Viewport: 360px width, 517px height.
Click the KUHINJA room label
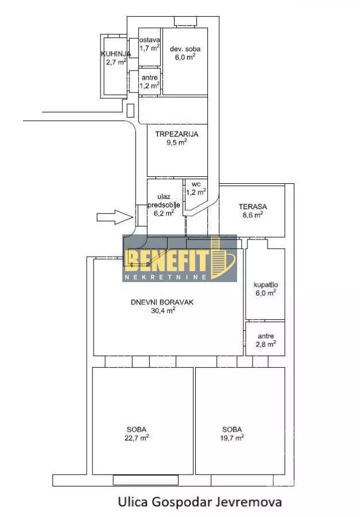(116, 54)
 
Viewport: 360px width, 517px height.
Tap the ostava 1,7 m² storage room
(149, 47)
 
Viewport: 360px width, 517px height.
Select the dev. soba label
(185, 49)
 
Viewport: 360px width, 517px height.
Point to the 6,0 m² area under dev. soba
(185, 57)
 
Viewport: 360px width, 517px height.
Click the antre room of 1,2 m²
(149, 82)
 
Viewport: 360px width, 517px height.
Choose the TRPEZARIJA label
(177, 134)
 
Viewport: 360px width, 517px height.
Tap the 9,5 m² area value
(177, 142)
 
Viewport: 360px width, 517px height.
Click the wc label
(196, 184)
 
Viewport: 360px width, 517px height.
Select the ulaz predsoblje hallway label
(164, 201)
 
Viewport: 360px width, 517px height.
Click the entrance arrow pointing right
(115, 217)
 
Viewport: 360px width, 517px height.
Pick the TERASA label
(253, 207)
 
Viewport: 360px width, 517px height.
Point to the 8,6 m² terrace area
(253, 215)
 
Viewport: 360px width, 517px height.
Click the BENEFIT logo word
(168, 260)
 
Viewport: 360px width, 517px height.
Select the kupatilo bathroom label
(266, 285)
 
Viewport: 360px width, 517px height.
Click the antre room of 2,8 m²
(265, 339)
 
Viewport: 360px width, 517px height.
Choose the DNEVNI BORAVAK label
(162, 302)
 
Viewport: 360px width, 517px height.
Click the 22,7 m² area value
(137, 438)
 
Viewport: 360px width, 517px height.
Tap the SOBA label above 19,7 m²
(232, 430)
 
